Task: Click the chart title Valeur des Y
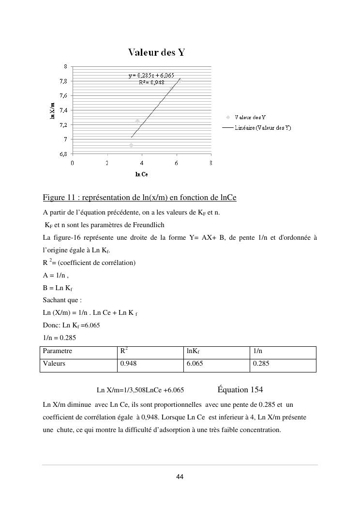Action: pos(156,52)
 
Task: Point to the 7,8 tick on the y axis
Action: pos(63,81)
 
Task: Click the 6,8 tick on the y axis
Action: pos(63,154)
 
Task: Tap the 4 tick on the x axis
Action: pos(142,163)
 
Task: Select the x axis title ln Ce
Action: pos(141,174)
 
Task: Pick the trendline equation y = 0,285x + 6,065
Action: pos(151,76)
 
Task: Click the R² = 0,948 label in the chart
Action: pos(151,82)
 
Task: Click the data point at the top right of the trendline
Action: pos(180,80)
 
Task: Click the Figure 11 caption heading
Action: pos(139,198)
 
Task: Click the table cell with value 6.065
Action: pos(195,363)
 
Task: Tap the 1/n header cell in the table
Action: pos(258,351)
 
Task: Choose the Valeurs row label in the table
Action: pos(54,363)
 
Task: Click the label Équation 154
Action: pos(240,390)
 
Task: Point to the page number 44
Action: pos(180,477)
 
